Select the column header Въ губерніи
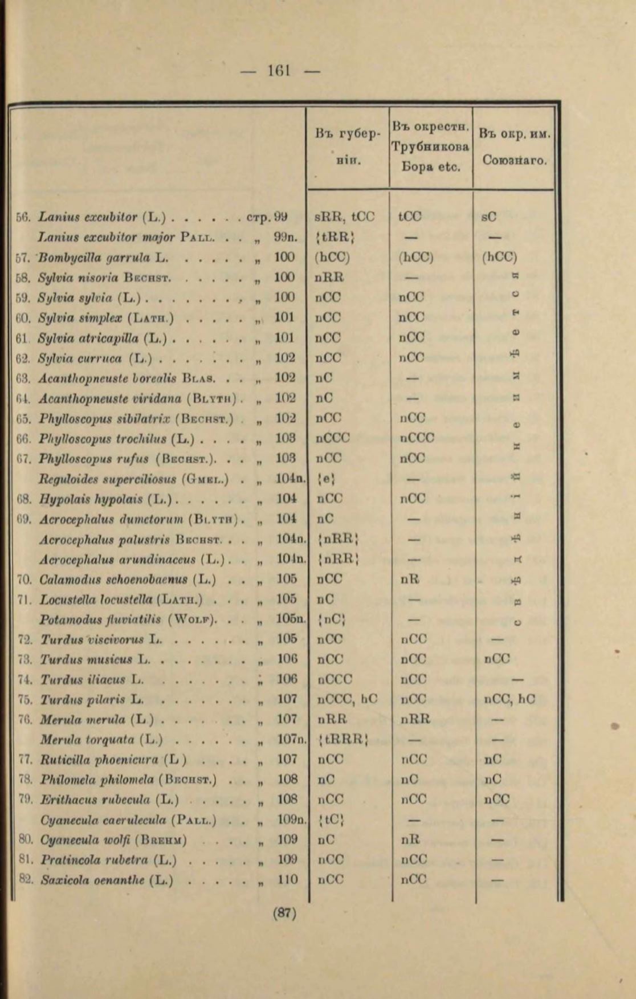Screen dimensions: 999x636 tap(347, 145)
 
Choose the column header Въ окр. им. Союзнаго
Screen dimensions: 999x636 tap(515, 147)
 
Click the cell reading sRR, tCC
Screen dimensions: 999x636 tap(344, 217)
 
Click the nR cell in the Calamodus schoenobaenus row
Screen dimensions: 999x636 tap(410, 579)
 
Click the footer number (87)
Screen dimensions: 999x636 tap(285, 913)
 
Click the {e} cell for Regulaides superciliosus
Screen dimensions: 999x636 tap(328, 479)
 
